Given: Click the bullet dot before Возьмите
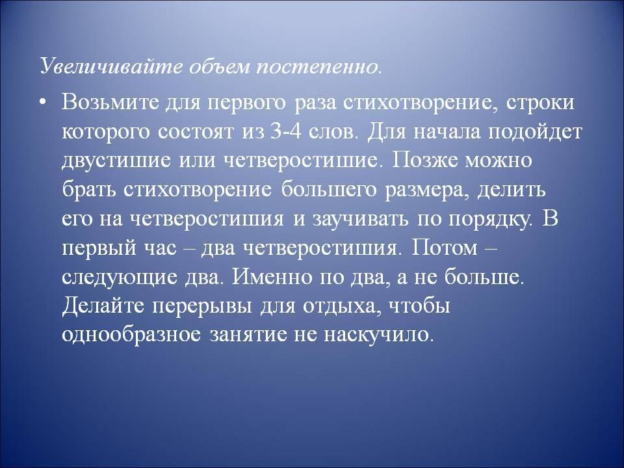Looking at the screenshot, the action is [43, 102].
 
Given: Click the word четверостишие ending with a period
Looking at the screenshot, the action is [302, 161].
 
